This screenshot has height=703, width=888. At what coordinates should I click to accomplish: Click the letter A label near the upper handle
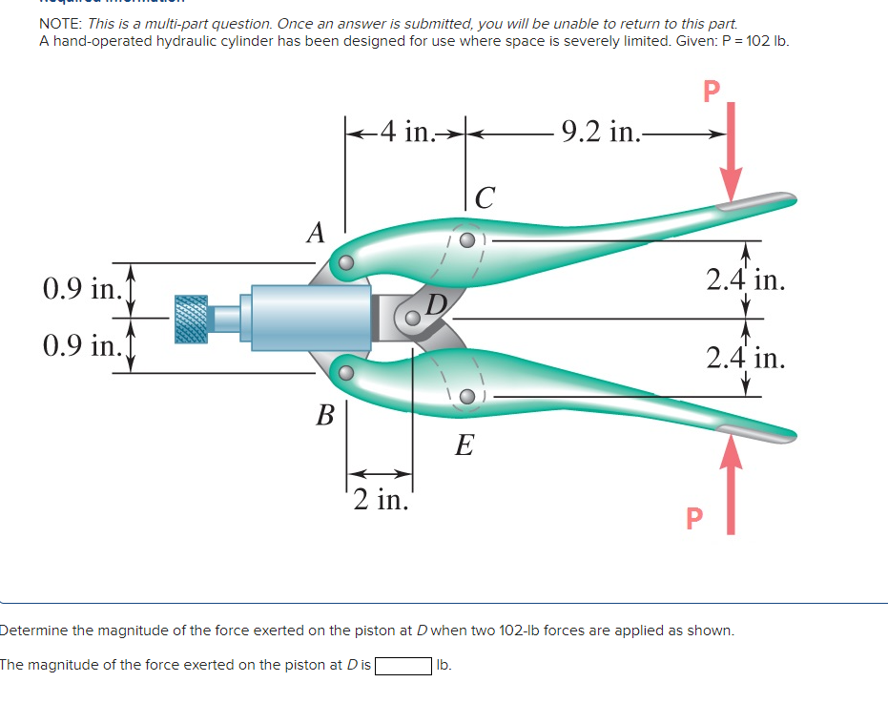(316, 232)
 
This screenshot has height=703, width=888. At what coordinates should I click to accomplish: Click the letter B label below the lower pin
(325, 415)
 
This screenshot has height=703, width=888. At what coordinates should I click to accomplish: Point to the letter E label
(464, 445)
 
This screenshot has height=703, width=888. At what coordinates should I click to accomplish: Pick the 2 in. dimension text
(380, 498)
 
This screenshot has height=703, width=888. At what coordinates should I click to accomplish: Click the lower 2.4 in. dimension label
(746, 358)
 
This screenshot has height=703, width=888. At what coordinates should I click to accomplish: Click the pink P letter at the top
(710, 91)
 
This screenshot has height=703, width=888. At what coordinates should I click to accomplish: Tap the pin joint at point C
(466, 240)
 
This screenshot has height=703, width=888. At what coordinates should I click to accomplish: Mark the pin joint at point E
(466, 396)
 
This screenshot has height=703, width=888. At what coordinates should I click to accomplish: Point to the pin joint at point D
(413, 319)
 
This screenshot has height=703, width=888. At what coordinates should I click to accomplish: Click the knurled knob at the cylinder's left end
(191, 318)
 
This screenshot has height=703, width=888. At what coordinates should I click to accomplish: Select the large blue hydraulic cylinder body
(310, 316)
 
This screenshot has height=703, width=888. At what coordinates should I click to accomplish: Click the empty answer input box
(404, 665)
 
